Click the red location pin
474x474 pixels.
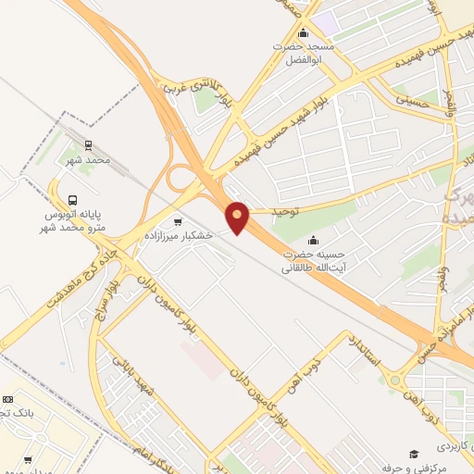pos(238,218)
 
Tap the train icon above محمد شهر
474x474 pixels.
pos(89,145)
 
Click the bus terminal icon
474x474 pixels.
pos(72,200)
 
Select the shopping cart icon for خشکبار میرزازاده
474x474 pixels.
pos(179,222)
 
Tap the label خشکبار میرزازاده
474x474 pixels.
pos(179,236)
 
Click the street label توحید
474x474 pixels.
pos(287,212)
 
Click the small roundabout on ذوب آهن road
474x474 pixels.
pos(393,380)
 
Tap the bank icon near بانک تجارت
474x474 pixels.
pos(4,412)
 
